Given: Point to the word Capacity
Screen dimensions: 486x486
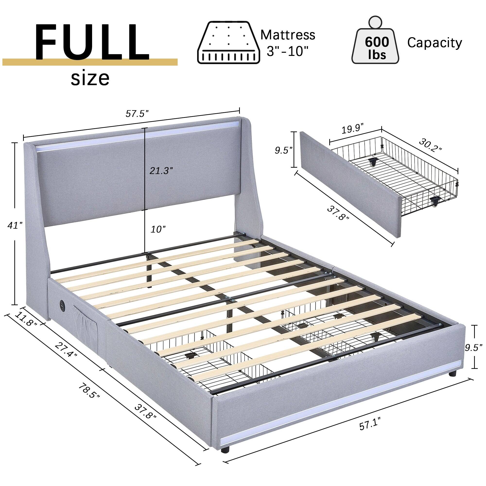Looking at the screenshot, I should click(434, 43).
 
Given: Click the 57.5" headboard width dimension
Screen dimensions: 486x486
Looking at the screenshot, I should click(137, 114).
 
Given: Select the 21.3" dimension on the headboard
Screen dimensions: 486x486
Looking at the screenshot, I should click(161, 171).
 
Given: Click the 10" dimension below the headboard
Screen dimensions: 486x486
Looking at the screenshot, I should click(158, 229).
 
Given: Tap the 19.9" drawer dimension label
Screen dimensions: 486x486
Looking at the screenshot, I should click(353, 129).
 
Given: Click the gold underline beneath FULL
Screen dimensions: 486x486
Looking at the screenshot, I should click(89, 62).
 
